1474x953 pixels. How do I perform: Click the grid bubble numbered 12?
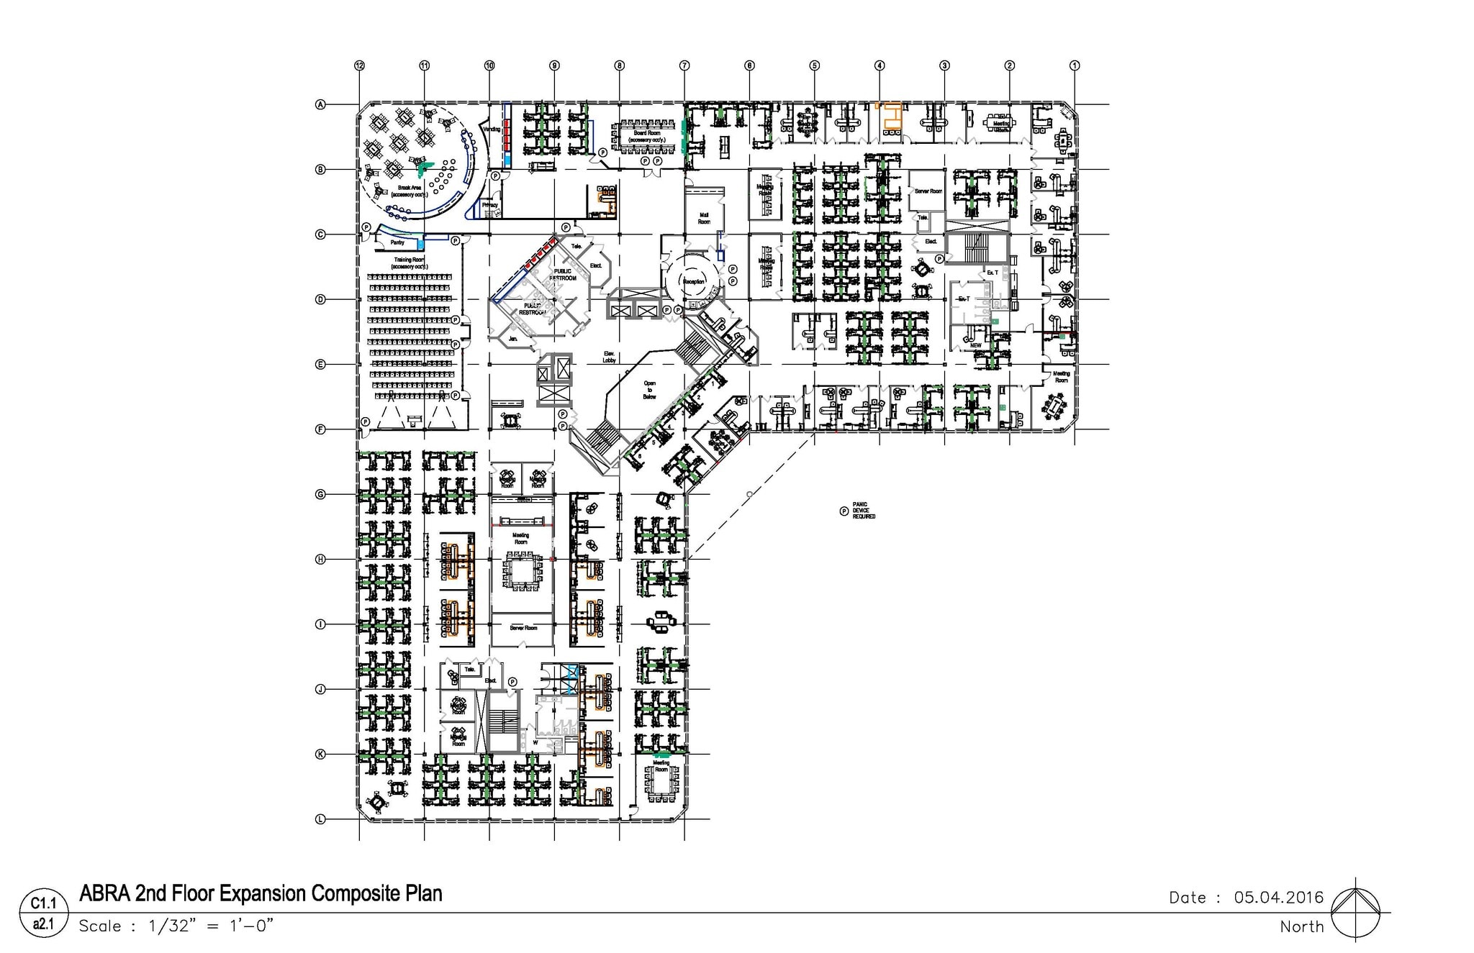click(x=359, y=65)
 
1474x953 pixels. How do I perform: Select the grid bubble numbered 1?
click(x=1075, y=65)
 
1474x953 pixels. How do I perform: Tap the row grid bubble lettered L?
click(x=321, y=819)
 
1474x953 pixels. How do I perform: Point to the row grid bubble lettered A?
click(x=321, y=105)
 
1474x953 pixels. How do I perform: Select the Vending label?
click(x=491, y=129)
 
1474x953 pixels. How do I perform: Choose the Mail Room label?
click(x=704, y=218)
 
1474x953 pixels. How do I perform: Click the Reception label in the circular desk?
click(x=694, y=281)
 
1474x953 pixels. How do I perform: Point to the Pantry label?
click(x=397, y=242)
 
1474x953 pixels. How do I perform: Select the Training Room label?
click(x=409, y=263)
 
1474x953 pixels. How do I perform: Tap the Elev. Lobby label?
click(x=609, y=356)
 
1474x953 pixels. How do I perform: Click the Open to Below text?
click(x=649, y=390)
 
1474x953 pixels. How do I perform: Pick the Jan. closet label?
click(x=513, y=338)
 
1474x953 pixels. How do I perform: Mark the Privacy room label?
click(x=490, y=205)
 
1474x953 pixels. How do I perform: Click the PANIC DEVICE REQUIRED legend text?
click(x=864, y=511)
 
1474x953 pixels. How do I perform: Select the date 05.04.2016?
click(x=1278, y=897)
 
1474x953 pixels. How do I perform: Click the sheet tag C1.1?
click(x=43, y=903)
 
